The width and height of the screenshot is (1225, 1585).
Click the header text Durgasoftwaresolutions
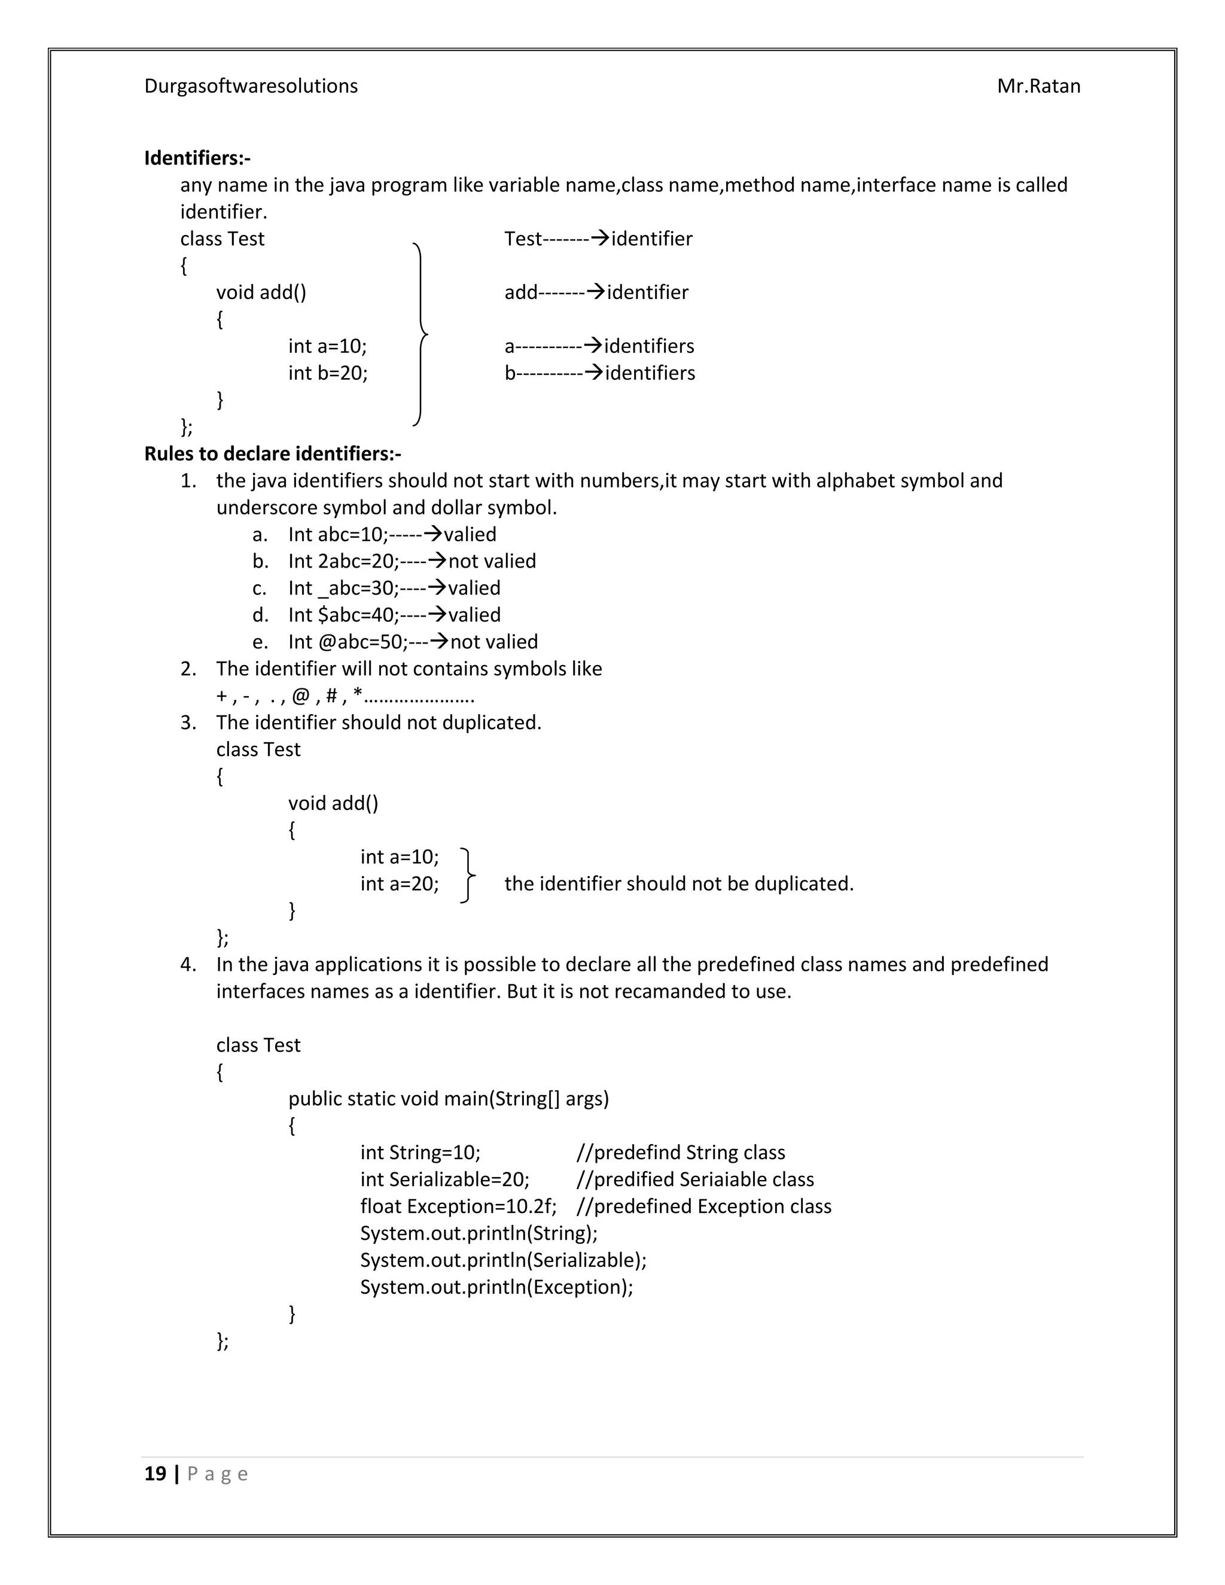(x=251, y=86)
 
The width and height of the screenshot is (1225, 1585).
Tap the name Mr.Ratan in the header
(x=1038, y=86)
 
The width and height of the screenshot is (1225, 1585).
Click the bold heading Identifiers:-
(x=197, y=157)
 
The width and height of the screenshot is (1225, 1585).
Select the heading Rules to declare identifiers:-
(x=272, y=453)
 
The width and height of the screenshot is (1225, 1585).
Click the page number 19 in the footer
(x=156, y=1473)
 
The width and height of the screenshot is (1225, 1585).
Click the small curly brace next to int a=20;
(x=468, y=875)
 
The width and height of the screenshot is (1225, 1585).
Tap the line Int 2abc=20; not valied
(x=412, y=561)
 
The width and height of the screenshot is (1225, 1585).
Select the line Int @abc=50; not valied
(x=412, y=642)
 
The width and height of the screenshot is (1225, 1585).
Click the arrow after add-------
(x=595, y=292)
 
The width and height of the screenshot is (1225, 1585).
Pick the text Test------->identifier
(x=598, y=239)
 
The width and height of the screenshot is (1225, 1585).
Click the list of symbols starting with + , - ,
(x=345, y=696)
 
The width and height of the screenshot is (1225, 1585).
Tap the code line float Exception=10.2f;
(x=458, y=1206)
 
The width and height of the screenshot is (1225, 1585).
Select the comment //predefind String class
(x=680, y=1153)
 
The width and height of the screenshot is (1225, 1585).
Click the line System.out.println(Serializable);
(x=503, y=1260)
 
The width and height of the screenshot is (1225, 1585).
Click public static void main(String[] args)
(x=448, y=1099)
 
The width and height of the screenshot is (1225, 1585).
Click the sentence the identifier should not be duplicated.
(x=678, y=884)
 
